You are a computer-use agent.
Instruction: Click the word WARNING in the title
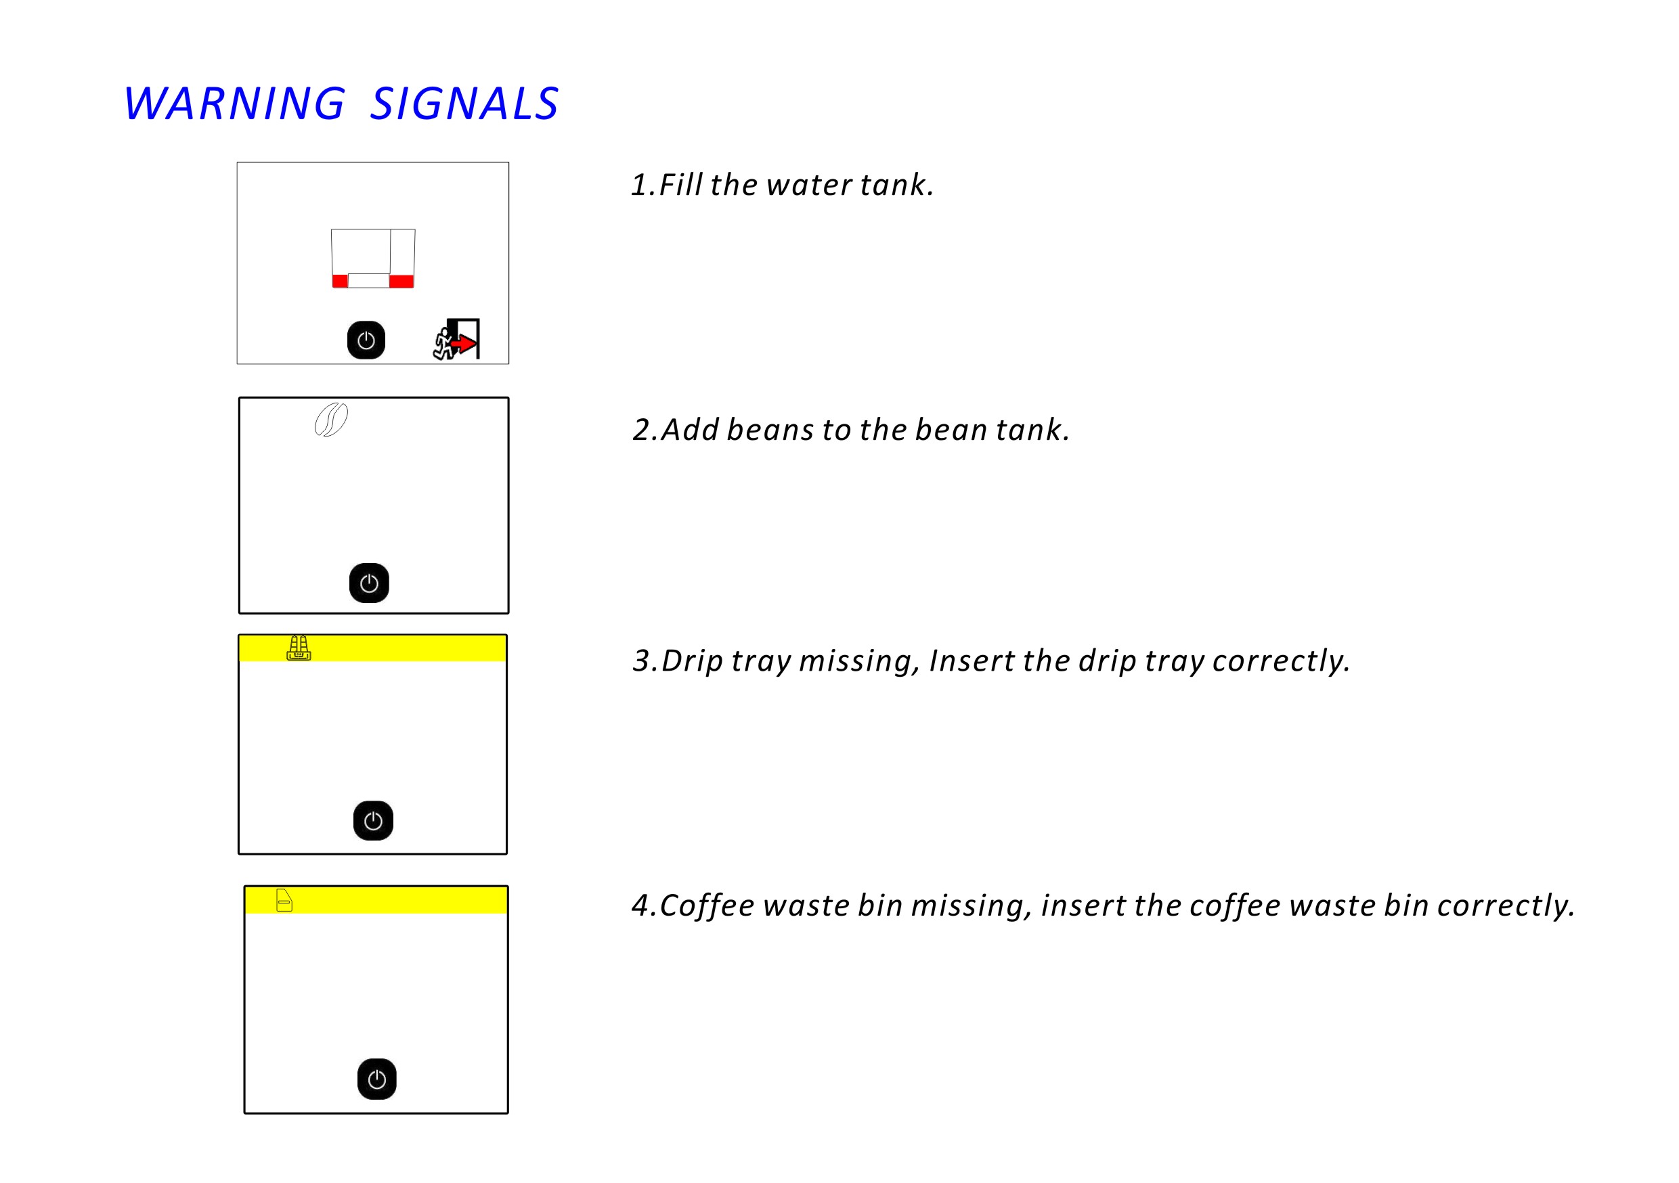tap(234, 103)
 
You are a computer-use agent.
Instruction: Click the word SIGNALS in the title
tap(464, 103)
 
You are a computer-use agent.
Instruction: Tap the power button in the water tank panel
tap(366, 340)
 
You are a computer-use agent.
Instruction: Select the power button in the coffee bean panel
tap(368, 583)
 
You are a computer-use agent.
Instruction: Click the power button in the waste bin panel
tap(376, 1079)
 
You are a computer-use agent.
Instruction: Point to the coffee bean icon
tap(330, 420)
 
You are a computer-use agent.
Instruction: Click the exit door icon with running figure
tap(458, 339)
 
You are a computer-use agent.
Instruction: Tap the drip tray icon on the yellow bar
tap(299, 648)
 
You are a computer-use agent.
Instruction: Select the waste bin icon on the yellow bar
tap(284, 900)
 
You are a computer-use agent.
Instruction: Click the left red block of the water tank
tap(340, 282)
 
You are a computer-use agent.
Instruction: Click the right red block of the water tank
tap(401, 282)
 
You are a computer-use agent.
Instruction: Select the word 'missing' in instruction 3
tap(855, 661)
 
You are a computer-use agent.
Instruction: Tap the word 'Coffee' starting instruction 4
tap(706, 906)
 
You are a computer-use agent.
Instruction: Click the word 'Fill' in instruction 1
tap(681, 185)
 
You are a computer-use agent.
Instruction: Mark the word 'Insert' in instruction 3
tap(971, 661)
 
